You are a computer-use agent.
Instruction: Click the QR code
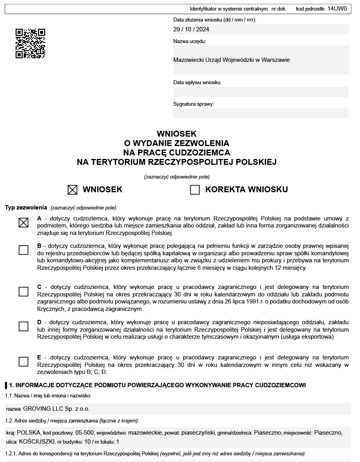click(30, 43)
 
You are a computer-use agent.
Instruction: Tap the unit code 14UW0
click(337, 8)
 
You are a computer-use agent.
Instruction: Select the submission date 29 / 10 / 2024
click(191, 29)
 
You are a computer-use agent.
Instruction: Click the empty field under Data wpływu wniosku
click(261, 92)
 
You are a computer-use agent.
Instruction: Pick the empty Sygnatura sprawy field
click(261, 114)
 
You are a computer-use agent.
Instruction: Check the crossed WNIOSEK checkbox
click(72, 190)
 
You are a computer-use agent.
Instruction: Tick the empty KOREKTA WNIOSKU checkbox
click(195, 190)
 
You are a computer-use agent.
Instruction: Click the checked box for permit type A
click(23, 223)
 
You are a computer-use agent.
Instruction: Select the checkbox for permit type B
click(23, 250)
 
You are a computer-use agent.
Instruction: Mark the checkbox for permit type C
click(23, 292)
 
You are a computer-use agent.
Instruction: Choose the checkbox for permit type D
click(23, 327)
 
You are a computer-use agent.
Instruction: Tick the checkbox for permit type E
click(23, 361)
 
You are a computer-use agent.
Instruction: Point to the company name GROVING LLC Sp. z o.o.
click(56, 409)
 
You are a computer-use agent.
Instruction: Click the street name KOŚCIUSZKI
click(37, 442)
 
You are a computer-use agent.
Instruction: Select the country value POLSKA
click(29, 433)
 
